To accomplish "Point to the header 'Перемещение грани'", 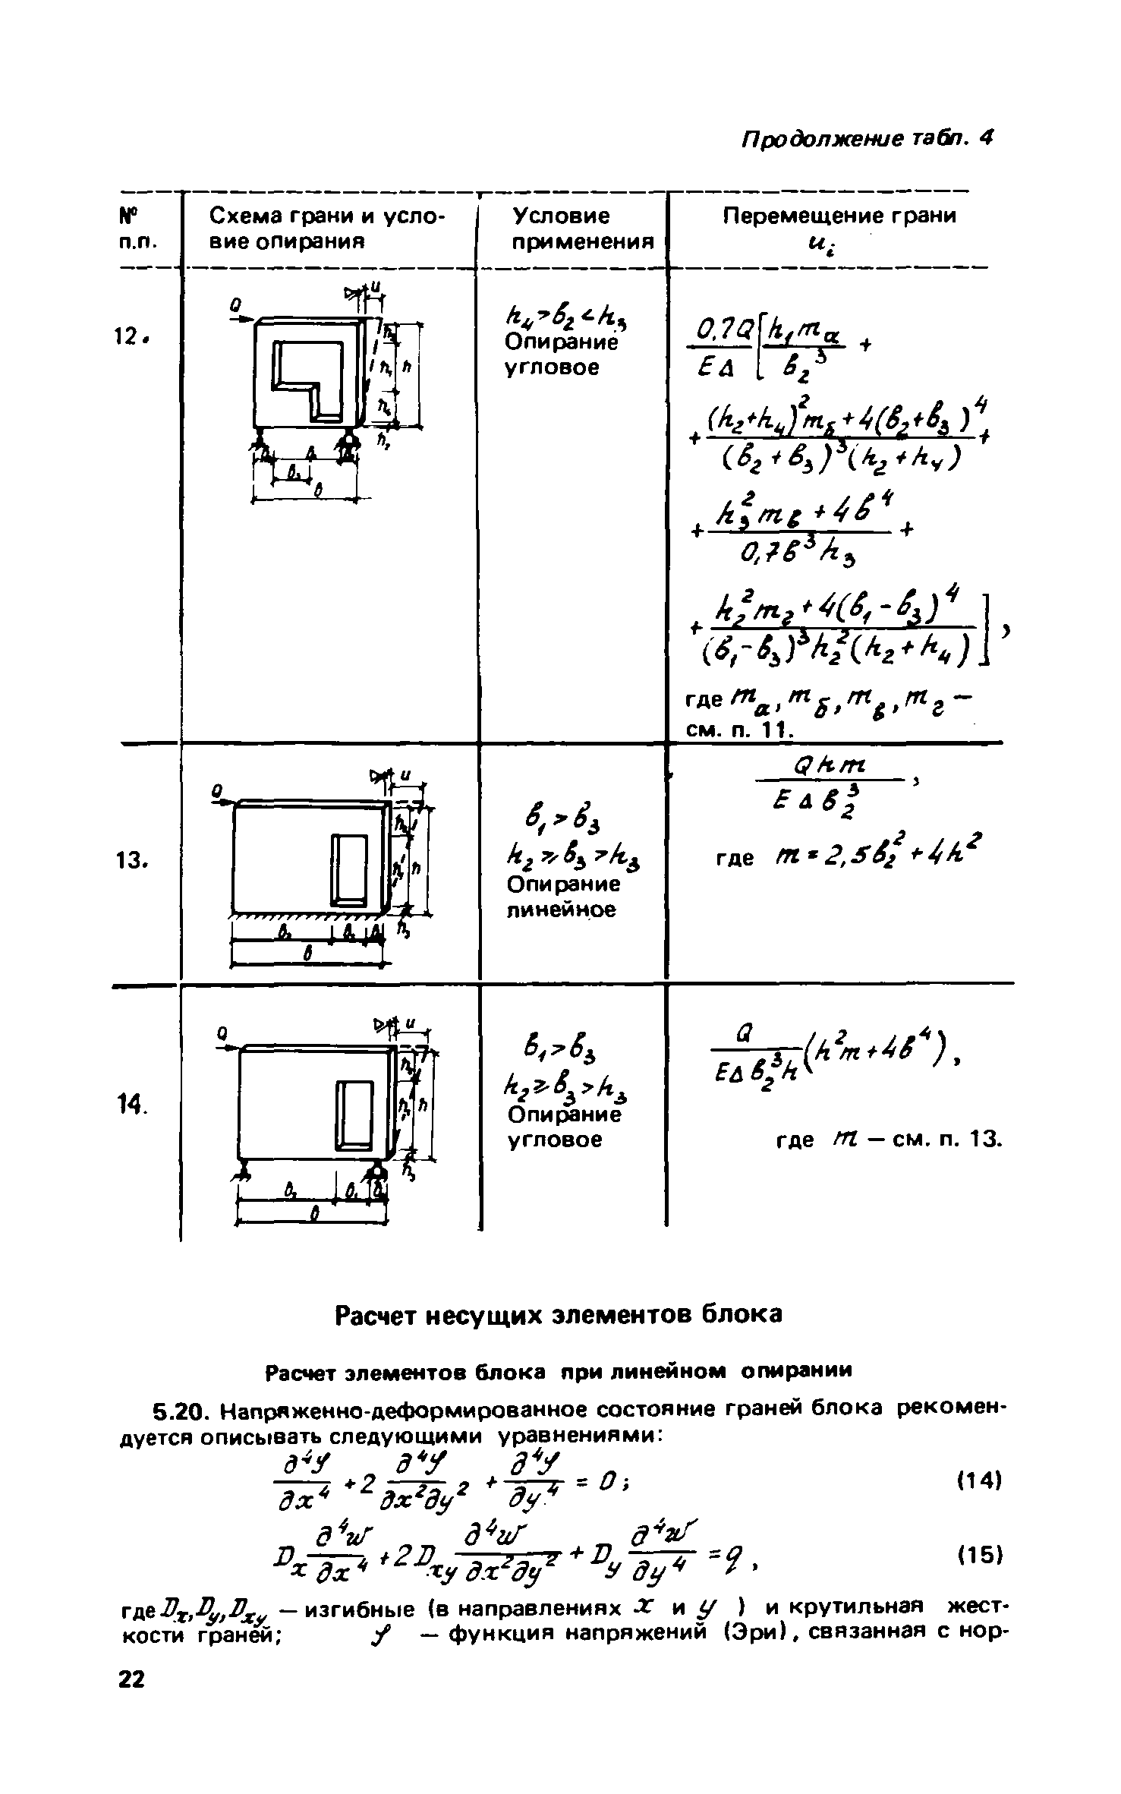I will point(839,216).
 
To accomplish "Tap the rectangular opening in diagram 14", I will point(354,1115).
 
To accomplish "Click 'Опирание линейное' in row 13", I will point(562,897).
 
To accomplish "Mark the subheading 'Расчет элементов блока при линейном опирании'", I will point(558,1370).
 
